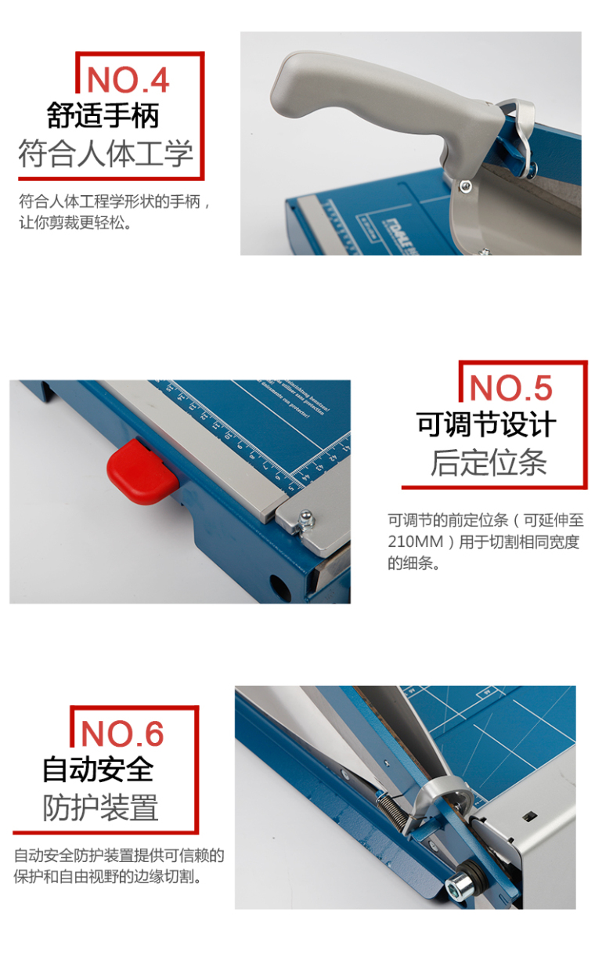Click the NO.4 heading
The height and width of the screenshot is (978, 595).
[128, 81]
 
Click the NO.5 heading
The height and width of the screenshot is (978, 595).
[510, 388]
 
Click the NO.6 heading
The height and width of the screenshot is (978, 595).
[122, 733]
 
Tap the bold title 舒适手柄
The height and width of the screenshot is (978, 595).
[103, 115]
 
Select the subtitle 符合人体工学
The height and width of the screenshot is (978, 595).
[106, 154]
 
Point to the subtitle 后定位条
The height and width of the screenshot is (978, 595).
[489, 462]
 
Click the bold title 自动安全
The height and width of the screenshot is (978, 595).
[98, 770]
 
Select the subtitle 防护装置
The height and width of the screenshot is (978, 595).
[100, 807]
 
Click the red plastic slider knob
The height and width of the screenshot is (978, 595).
[142, 472]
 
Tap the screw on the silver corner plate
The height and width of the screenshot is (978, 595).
[306, 520]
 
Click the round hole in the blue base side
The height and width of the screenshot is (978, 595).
[279, 587]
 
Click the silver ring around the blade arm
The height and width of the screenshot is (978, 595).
[441, 792]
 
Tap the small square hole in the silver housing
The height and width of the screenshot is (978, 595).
[529, 815]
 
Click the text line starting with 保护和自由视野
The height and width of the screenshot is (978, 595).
[108, 876]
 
